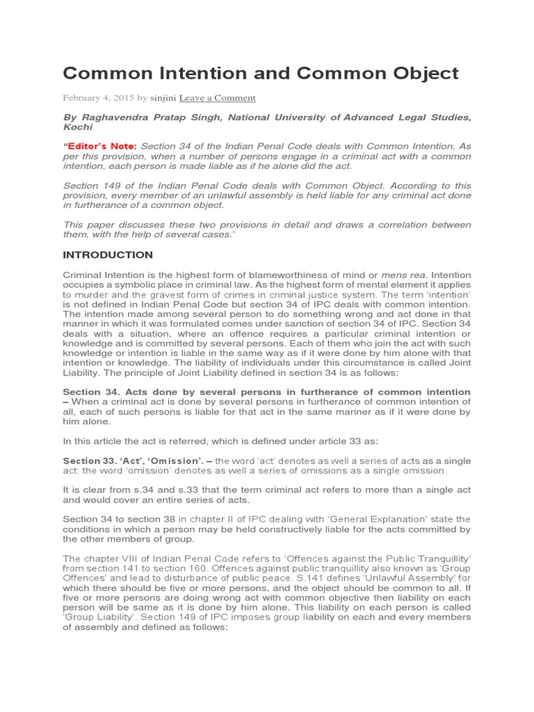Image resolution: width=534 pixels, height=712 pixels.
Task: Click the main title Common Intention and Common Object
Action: click(261, 73)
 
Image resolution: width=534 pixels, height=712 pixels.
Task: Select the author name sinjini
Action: click(163, 98)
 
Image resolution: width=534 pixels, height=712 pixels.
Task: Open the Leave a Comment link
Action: click(217, 98)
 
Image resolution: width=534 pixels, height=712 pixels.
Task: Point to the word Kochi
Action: click(76, 127)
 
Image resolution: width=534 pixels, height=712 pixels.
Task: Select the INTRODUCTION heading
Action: click(108, 255)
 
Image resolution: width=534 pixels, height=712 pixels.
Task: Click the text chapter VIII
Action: click(106, 558)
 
